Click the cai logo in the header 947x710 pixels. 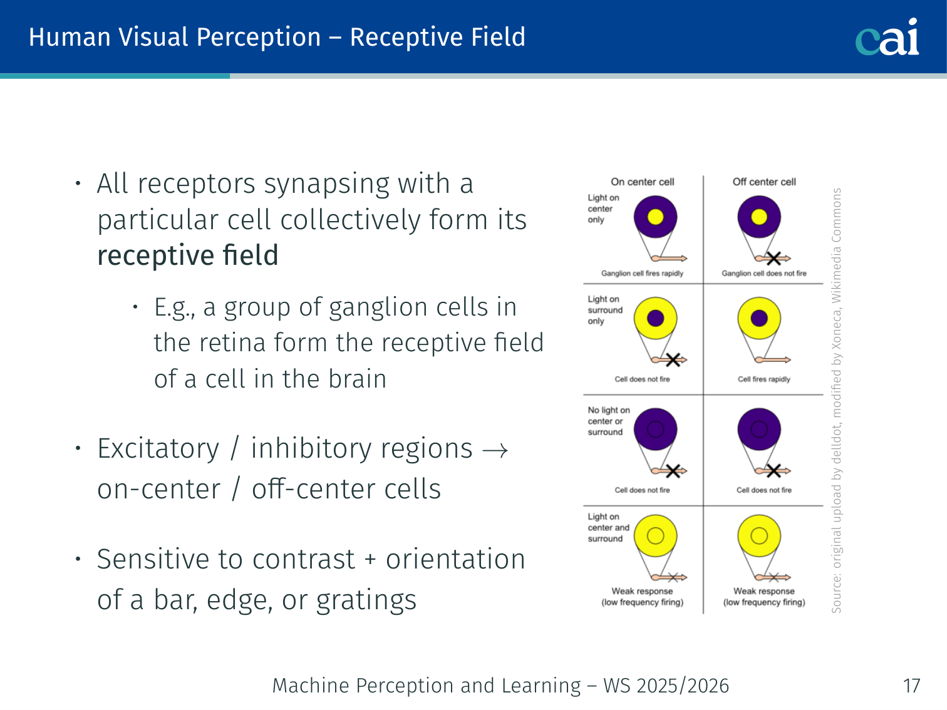[x=887, y=37]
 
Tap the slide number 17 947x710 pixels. [x=911, y=686]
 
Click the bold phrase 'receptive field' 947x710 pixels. [x=188, y=255]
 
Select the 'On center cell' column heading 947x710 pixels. [x=643, y=182]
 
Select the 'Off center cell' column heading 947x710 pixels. [x=764, y=182]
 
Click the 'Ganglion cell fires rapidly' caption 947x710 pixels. [x=642, y=274]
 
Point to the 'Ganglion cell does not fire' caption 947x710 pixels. [x=764, y=274]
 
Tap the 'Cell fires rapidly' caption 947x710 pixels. [x=764, y=379]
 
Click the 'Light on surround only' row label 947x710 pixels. [x=605, y=310]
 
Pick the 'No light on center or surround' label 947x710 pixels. [x=608, y=421]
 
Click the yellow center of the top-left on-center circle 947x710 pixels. [x=655, y=217]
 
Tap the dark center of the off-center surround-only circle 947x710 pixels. [x=759, y=318]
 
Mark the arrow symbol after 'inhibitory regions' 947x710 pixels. [x=495, y=450]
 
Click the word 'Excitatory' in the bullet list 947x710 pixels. [x=158, y=449]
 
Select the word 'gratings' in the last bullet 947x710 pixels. [x=366, y=600]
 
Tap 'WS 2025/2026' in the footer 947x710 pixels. [x=666, y=686]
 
